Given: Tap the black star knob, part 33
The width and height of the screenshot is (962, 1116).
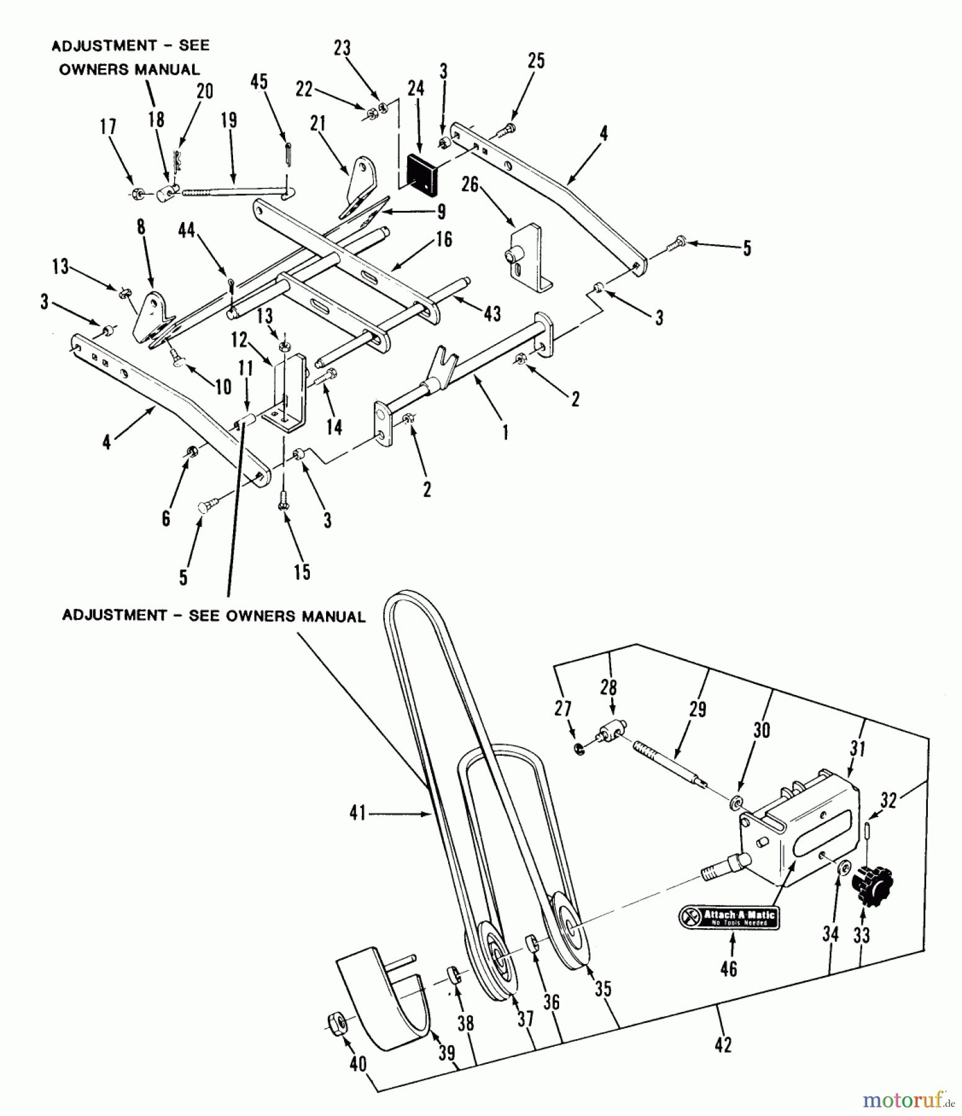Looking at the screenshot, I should coord(871,887).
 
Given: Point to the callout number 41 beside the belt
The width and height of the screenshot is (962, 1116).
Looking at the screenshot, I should coord(358,812).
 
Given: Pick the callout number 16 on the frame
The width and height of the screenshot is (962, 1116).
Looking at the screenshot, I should coord(444,239).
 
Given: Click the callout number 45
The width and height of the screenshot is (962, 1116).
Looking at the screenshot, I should coord(260,82).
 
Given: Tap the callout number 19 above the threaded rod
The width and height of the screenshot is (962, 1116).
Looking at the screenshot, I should coord(229,119).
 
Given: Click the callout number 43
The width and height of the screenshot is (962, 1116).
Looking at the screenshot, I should coord(492,313).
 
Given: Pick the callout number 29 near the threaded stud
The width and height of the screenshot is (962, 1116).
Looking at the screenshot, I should coord(697,709).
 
